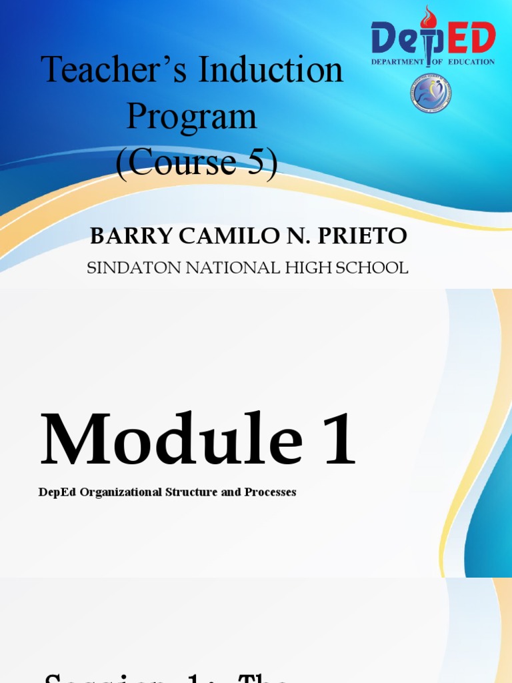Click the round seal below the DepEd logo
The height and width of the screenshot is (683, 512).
click(430, 93)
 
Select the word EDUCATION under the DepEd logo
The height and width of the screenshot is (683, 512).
click(471, 62)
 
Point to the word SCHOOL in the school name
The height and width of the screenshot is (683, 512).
click(373, 268)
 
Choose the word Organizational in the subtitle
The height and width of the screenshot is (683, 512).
click(115, 492)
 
